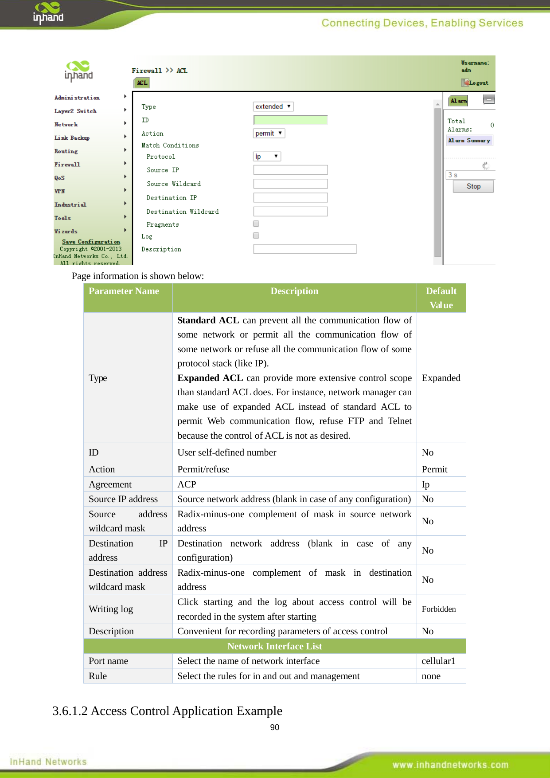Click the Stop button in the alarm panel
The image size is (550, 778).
tap(473, 186)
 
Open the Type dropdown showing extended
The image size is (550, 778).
tap(273, 106)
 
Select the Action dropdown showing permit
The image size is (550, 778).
tap(269, 133)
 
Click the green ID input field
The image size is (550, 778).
tap(290, 120)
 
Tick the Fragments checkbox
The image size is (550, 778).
tap(256, 224)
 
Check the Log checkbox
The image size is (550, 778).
tap(256, 236)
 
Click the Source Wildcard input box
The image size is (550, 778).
tap(290, 184)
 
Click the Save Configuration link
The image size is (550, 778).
tap(91, 242)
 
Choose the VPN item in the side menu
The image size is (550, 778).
tap(60, 191)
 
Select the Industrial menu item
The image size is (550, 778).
tap(70, 204)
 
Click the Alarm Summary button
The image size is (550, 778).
tap(469, 141)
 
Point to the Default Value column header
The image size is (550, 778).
tap(441, 298)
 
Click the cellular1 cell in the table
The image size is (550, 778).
tap(438, 661)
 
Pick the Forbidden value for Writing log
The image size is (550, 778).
tap(439, 609)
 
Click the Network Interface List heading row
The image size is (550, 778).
tap(274, 646)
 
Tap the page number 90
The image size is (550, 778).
tap(274, 727)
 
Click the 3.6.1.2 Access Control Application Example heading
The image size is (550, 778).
tap(167, 711)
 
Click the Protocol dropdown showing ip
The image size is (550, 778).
tap(266, 156)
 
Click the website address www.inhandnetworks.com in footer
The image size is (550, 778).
tap(450, 765)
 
